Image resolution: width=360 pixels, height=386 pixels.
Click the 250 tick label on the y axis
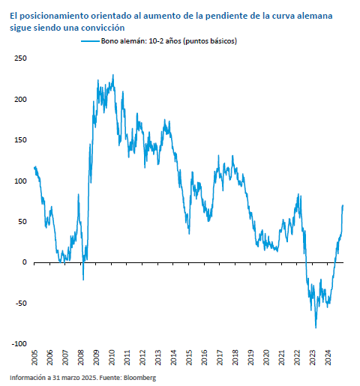point(20,58)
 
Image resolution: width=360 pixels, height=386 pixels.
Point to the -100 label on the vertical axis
point(19,344)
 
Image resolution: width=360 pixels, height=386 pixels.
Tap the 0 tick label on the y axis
point(24,262)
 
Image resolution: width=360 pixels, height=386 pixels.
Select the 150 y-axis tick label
point(20,140)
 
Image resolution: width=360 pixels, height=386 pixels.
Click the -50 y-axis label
point(21,303)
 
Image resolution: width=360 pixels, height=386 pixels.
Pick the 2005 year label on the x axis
point(34,358)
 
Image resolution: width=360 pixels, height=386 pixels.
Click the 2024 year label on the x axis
point(328,358)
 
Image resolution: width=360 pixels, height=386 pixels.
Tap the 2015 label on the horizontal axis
point(189,358)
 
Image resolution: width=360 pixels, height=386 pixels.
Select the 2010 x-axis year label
point(112,358)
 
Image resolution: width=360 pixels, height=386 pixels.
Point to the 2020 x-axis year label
point(266,358)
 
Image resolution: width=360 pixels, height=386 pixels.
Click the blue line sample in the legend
point(90,41)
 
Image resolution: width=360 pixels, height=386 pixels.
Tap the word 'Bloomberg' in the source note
point(139,378)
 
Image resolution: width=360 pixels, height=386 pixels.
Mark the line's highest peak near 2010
point(113,75)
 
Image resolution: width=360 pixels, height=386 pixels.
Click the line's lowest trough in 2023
point(316,328)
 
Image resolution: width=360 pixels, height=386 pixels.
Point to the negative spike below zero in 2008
point(83,280)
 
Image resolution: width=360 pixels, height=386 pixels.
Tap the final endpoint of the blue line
point(343,205)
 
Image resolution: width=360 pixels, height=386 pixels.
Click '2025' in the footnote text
point(89,378)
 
